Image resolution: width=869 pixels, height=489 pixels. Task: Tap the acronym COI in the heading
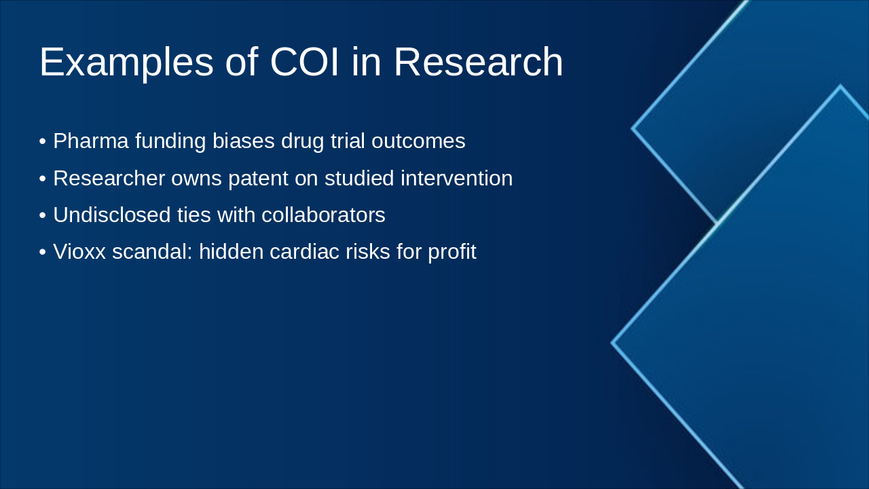click(305, 62)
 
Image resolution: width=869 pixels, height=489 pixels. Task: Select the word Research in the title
click(479, 62)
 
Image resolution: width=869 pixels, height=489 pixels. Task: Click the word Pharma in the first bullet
click(91, 141)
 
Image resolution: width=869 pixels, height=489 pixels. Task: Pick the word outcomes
click(418, 141)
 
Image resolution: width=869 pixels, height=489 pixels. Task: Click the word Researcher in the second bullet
click(109, 178)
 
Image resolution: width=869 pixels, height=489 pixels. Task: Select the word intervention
click(457, 178)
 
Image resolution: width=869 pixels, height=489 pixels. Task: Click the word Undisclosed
click(112, 215)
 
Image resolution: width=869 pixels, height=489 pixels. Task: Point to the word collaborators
click(323, 215)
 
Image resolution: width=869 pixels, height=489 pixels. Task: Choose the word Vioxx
click(79, 251)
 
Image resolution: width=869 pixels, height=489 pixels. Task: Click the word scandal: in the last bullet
click(152, 251)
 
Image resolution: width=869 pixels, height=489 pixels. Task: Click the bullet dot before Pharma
click(43, 142)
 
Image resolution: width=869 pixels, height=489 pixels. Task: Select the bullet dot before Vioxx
click(43, 252)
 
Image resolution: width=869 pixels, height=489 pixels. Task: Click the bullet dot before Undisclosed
click(43, 216)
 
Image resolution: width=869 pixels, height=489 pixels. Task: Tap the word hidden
click(232, 251)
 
